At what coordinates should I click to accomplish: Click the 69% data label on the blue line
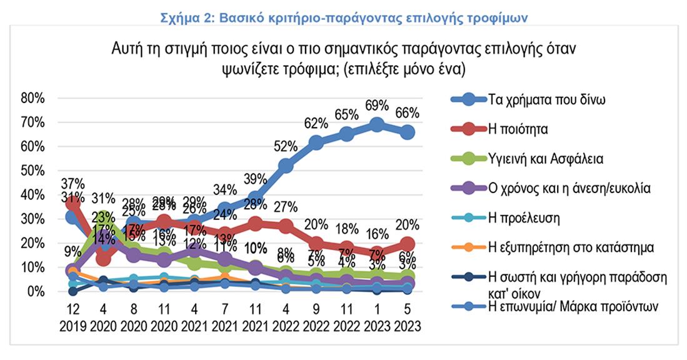click(377, 105)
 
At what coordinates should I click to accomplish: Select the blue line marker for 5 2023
click(407, 132)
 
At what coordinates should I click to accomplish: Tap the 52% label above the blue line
click(285, 146)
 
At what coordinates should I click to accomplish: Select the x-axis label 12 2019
click(73, 318)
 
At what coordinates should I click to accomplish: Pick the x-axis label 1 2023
click(377, 318)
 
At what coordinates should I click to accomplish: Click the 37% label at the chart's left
click(73, 184)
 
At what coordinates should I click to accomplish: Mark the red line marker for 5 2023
click(407, 244)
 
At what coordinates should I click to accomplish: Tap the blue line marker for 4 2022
click(285, 166)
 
